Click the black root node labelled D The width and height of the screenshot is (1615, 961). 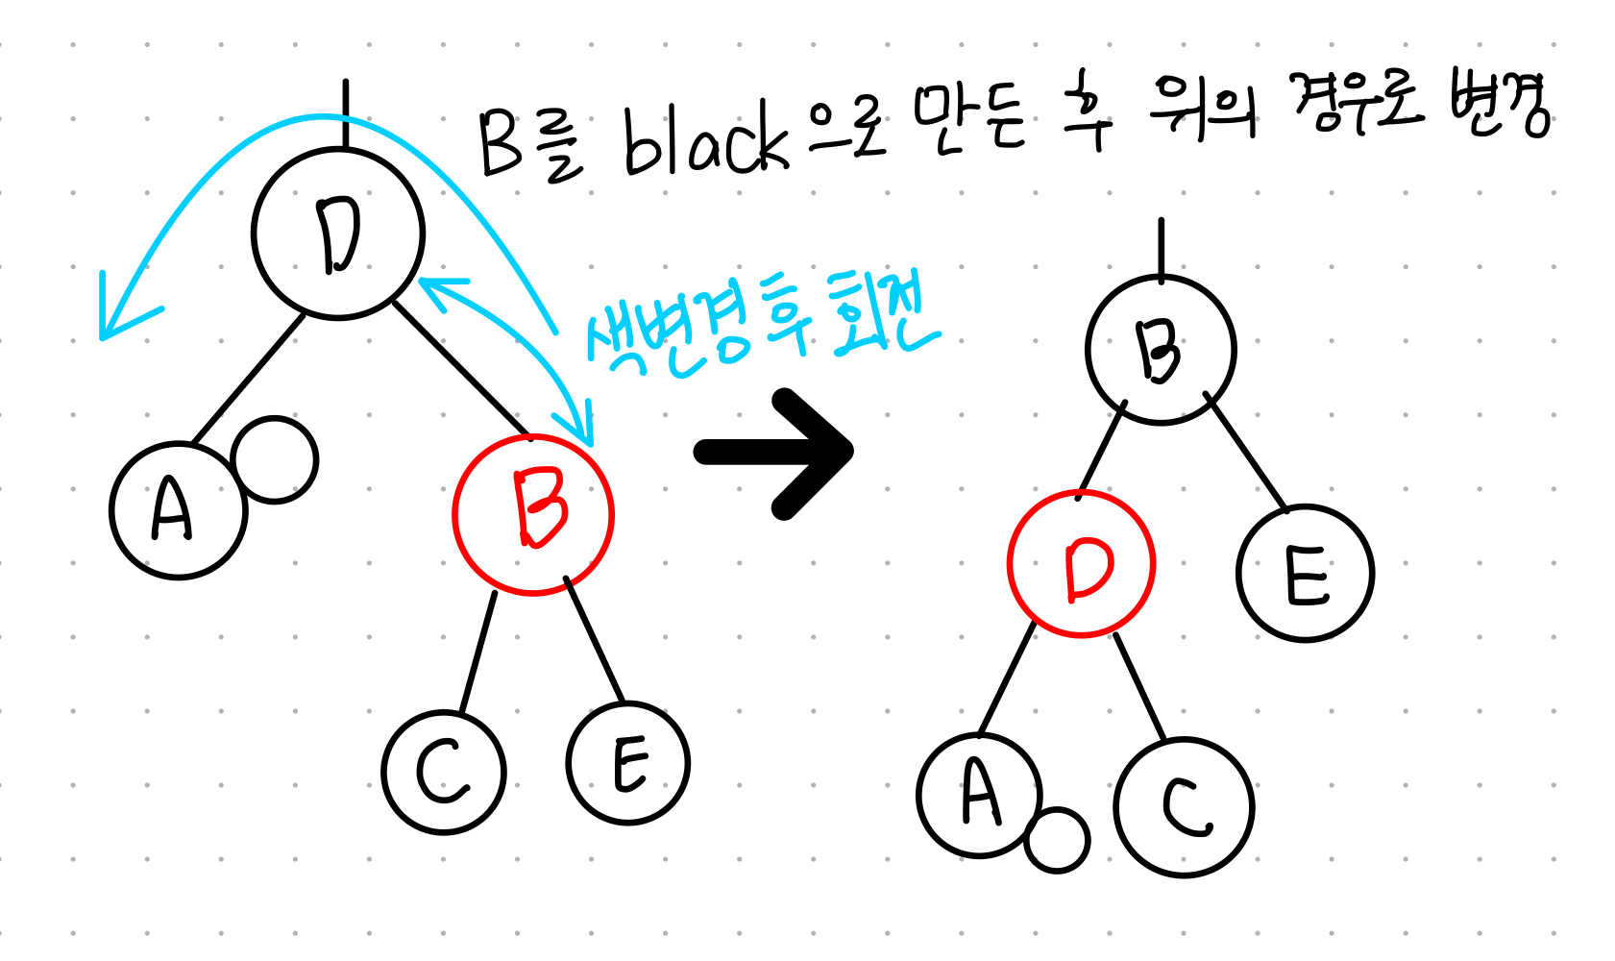coord(338,234)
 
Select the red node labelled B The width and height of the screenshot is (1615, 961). coord(533,514)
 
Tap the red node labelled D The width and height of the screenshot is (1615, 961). coord(1081,563)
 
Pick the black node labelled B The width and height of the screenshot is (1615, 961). coord(1161,350)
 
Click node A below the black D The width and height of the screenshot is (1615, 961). coord(178,510)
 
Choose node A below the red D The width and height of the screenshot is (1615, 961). coord(979,795)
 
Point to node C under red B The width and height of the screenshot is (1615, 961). coord(444,772)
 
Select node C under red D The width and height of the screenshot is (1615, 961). coord(1185,806)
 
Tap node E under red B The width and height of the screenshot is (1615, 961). coord(628,763)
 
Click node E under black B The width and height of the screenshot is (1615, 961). coord(1306,574)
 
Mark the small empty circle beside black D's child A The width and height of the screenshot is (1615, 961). coord(275,459)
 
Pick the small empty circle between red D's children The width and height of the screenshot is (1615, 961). coord(1057,840)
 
